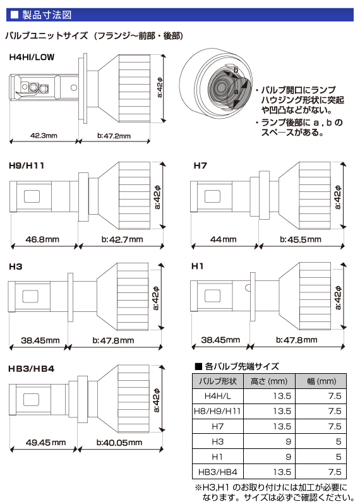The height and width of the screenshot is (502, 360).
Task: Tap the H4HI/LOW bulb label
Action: click(32, 57)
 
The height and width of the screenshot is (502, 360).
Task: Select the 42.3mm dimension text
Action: click(44, 136)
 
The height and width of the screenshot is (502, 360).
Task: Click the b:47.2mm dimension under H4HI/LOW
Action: click(114, 136)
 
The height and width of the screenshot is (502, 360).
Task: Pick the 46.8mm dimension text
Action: click(44, 240)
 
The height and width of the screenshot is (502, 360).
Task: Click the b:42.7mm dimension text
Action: click(121, 240)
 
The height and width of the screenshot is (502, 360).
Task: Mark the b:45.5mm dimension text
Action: click(301, 240)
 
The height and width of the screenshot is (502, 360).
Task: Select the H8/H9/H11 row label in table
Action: click(216, 411)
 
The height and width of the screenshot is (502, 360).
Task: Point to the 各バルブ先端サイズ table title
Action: click(242, 366)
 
